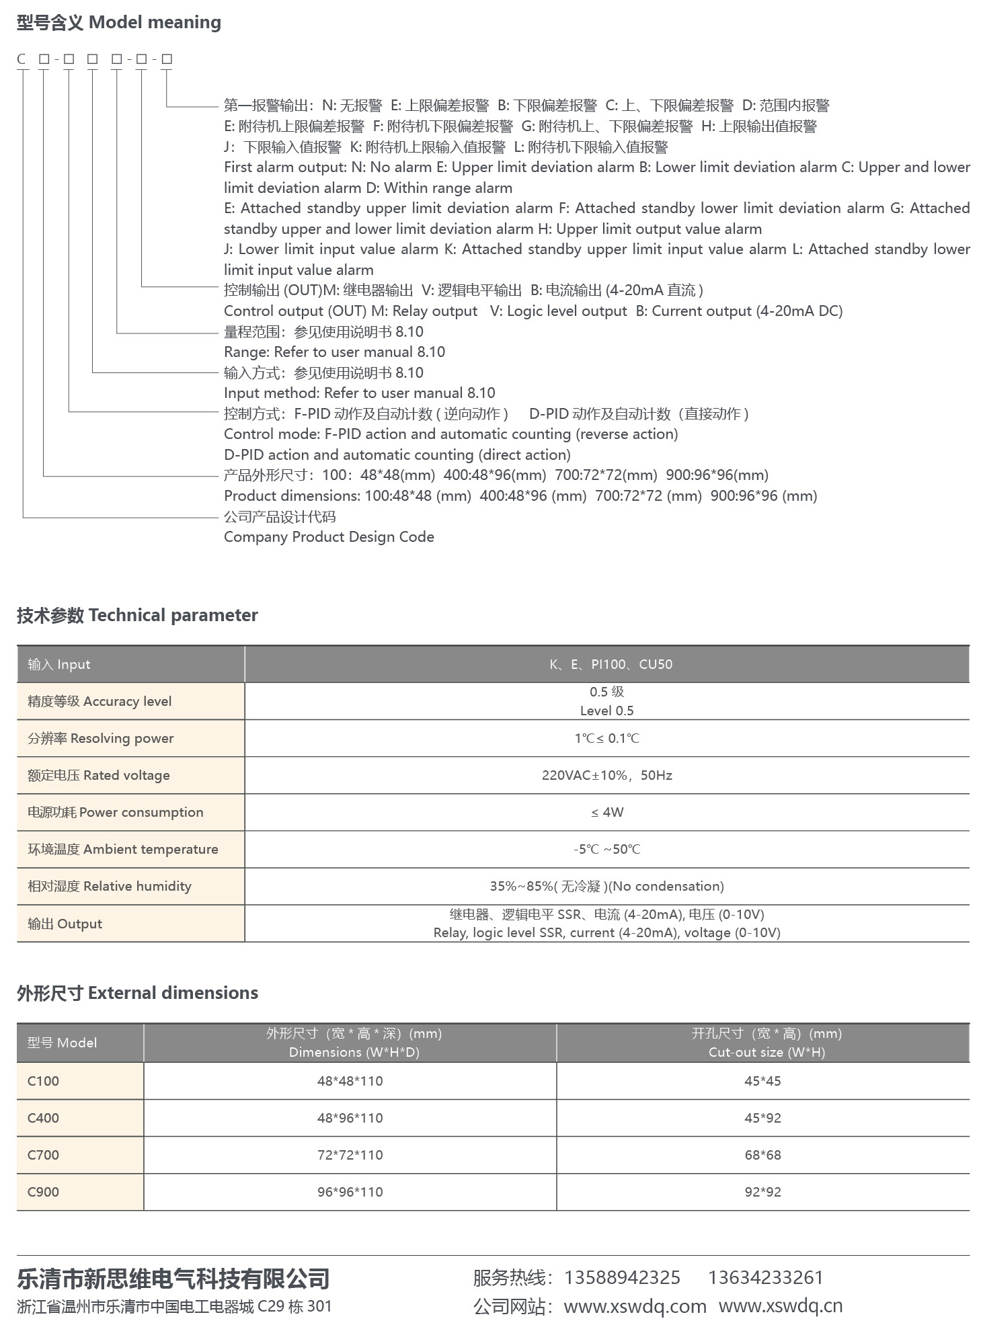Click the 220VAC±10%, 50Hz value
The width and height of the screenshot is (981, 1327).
tap(606, 775)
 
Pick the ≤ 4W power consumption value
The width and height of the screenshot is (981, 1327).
tap(607, 812)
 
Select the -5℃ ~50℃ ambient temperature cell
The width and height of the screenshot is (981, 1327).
tap(606, 849)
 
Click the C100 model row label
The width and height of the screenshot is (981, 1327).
tap(43, 1081)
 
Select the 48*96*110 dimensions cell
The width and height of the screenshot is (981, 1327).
tap(350, 1118)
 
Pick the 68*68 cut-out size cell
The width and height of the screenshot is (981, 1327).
tap(762, 1155)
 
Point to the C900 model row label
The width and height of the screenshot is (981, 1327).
tap(43, 1192)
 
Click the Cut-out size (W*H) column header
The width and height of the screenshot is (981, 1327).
tap(766, 1052)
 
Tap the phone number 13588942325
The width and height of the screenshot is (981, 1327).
tap(621, 1277)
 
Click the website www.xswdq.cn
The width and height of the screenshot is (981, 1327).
tap(780, 1306)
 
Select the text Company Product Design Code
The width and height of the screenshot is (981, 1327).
tap(329, 536)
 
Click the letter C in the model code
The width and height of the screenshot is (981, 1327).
tap(22, 59)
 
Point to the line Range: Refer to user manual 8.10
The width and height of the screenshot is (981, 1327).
tap(334, 352)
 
